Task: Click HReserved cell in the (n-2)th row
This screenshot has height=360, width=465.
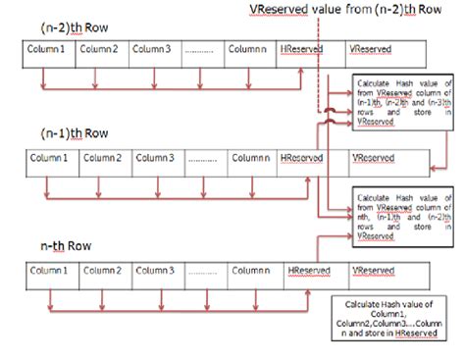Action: [298, 50]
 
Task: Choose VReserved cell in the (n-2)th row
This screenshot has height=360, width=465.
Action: [367, 50]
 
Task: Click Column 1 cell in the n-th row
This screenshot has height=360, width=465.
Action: [50, 271]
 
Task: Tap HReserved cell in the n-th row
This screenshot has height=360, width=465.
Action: [310, 271]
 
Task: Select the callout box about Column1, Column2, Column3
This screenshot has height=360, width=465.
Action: [388, 319]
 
